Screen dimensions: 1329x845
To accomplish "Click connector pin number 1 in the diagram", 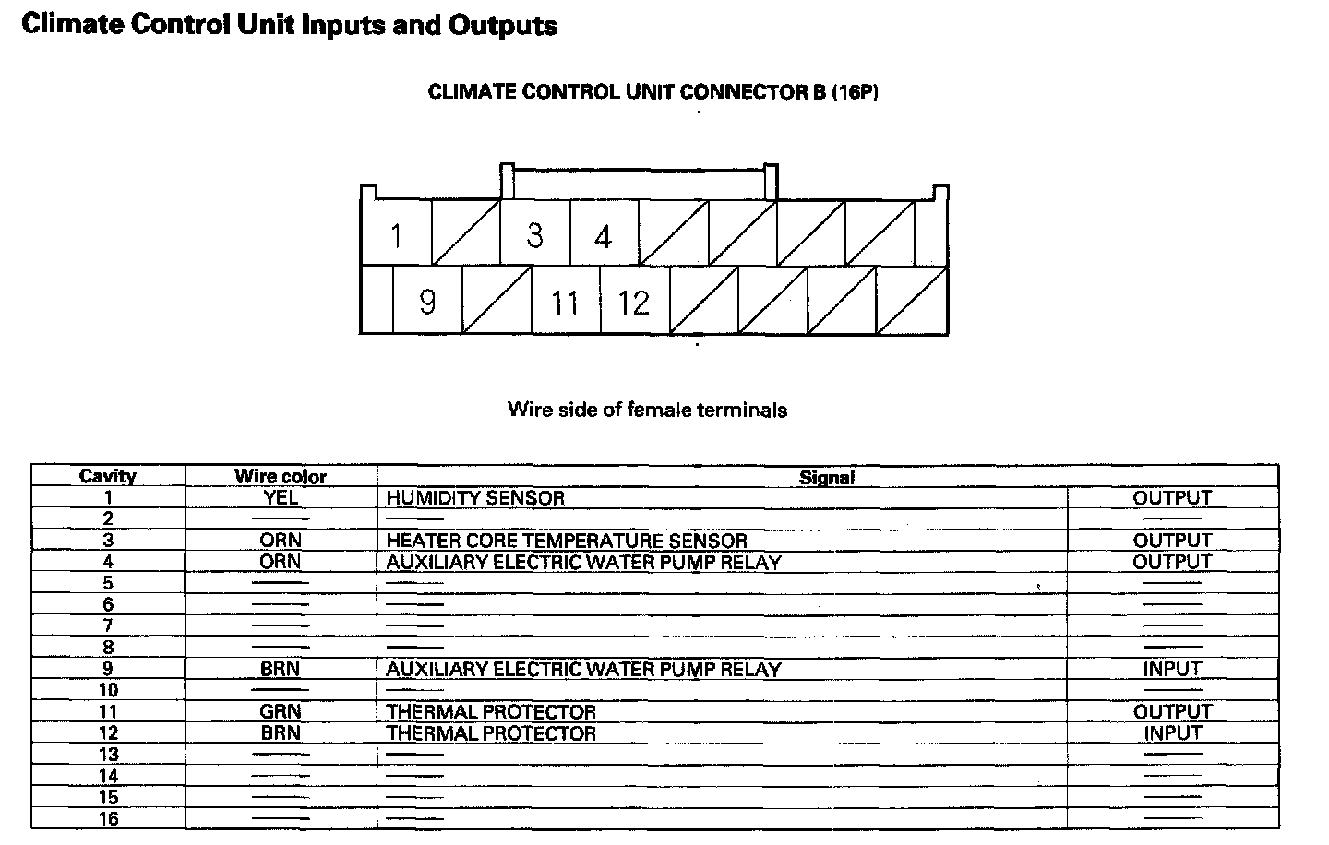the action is click(396, 236).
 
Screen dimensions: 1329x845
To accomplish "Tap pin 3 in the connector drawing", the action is click(534, 235).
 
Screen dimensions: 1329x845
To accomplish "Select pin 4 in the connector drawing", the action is click(603, 237).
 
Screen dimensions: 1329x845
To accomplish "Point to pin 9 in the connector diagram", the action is click(427, 302).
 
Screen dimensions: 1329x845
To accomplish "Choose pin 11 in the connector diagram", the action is click(565, 303).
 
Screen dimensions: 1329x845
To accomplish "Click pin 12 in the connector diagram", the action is click(634, 303).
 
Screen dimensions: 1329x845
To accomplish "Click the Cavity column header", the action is click(108, 476).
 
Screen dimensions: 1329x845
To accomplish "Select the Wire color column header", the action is click(281, 476).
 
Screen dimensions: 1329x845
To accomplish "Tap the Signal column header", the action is click(827, 477).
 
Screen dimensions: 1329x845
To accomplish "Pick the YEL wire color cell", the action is click(281, 497).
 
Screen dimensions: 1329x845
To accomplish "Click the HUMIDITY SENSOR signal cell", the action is click(475, 497).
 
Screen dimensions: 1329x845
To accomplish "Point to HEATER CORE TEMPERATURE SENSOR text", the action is click(567, 541).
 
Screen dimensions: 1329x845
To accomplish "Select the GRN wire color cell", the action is click(281, 711).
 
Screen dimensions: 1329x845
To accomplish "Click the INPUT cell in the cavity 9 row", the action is click(1172, 669).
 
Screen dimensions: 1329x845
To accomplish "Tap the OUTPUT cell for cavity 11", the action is click(1172, 711).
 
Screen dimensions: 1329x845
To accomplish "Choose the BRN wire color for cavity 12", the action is click(281, 733).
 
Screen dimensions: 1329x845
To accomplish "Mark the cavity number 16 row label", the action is click(108, 818).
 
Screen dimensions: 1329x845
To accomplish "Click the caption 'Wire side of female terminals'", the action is click(647, 410).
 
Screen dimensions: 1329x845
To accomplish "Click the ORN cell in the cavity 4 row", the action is click(281, 562).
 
